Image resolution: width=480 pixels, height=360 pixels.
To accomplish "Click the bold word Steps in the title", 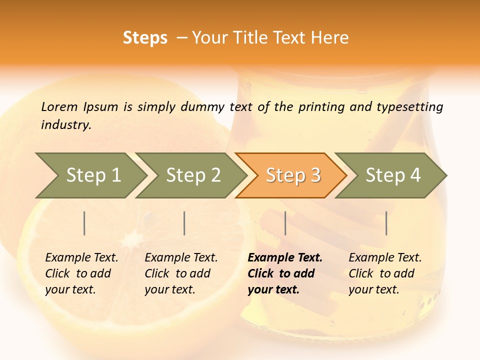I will pyautogui.click(x=145, y=38).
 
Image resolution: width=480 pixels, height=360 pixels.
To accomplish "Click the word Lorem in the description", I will pyautogui.click(x=59, y=107).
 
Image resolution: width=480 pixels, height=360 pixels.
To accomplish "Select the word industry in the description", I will pyautogui.click(x=66, y=125).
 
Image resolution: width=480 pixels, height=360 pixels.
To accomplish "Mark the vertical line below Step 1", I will pyautogui.click(x=84, y=223).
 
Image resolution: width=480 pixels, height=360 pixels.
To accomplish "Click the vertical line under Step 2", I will pyautogui.click(x=184, y=223).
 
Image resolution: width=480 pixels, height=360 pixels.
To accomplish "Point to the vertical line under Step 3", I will pyautogui.click(x=285, y=223).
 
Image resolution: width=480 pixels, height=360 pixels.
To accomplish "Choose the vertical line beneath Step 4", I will pyautogui.click(x=386, y=223).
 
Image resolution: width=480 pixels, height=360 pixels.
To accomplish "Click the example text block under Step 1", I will pyautogui.click(x=81, y=273).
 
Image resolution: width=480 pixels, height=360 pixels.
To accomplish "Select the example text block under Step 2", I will pyautogui.click(x=181, y=273).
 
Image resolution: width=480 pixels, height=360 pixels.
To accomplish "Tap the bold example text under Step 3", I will pyautogui.click(x=285, y=273).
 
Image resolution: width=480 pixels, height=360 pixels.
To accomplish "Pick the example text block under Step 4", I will pyautogui.click(x=385, y=273).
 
